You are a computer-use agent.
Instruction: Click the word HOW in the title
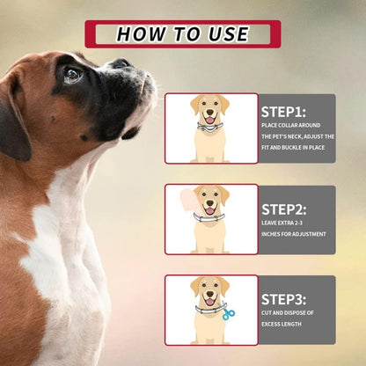click(x=139, y=34)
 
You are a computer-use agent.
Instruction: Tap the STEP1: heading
click(x=283, y=112)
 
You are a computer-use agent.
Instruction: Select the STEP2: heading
click(x=283, y=209)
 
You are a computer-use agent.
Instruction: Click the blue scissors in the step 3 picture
click(x=229, y=312)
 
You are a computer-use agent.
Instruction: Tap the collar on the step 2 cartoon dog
click(x=210, y=217)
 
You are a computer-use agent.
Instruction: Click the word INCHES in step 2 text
click(x=274, y=234)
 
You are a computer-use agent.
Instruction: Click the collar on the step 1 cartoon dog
click(x=210, y=128)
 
